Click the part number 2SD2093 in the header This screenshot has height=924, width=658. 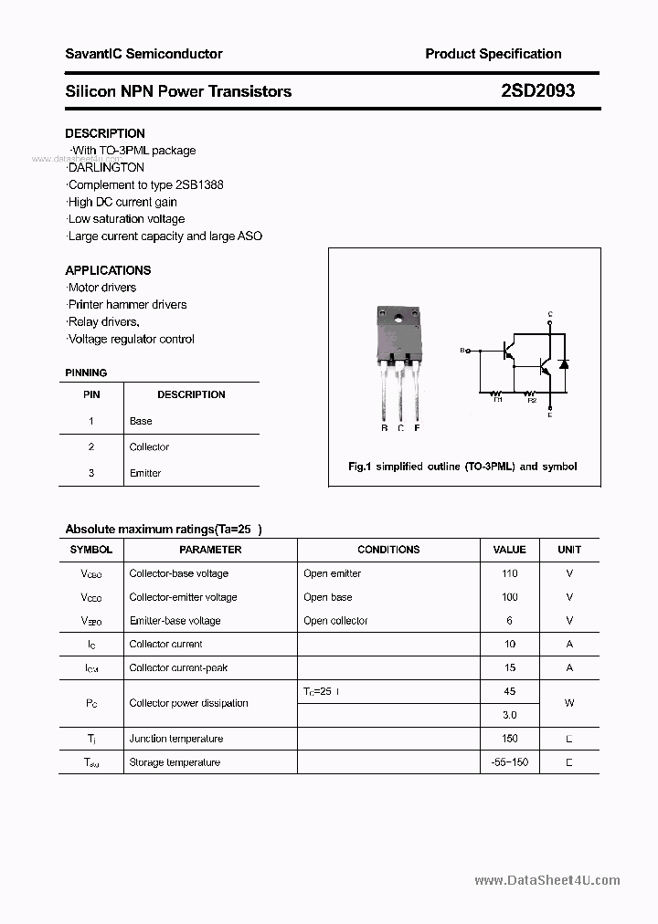pyautogui.click(x=537, y=91)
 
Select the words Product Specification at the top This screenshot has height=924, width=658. pyautogui.click(x=493, y=54)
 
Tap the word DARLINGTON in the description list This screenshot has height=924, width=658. pyautogui.click(x=107, y=167)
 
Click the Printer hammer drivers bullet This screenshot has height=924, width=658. pyautogui.click(x=127, y=304)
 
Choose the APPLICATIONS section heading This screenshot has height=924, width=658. pyautogui.click(x=108, y=270)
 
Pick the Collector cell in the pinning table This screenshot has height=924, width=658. pyautogui.click(x=149, y=446)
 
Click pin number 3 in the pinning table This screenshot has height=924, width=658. pyautogui.click(x=91, y=473)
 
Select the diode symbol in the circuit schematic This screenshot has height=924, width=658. pyautogui.click(x=564, y=363)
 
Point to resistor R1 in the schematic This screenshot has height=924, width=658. pyautogui.click(x=497, y=394)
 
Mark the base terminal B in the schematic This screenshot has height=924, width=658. pyautogui.click(x=464, y=350)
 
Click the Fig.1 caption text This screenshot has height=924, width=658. pyautogui.click(x=462, y=467)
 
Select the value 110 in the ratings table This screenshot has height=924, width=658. pyautogui.click(x=509, y=573)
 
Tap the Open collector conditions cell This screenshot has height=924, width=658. pyautogui.click(x=335, y=621)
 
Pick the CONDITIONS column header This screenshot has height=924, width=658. pyautogui.click(x=388, y=550)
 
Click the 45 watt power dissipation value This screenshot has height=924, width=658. pyautogui.click(x=509, y=691)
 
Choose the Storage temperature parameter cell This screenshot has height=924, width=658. pyautogui.click(x=175, y=762)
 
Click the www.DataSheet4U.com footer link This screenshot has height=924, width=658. pyautogui.click(x=547, y=881)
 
